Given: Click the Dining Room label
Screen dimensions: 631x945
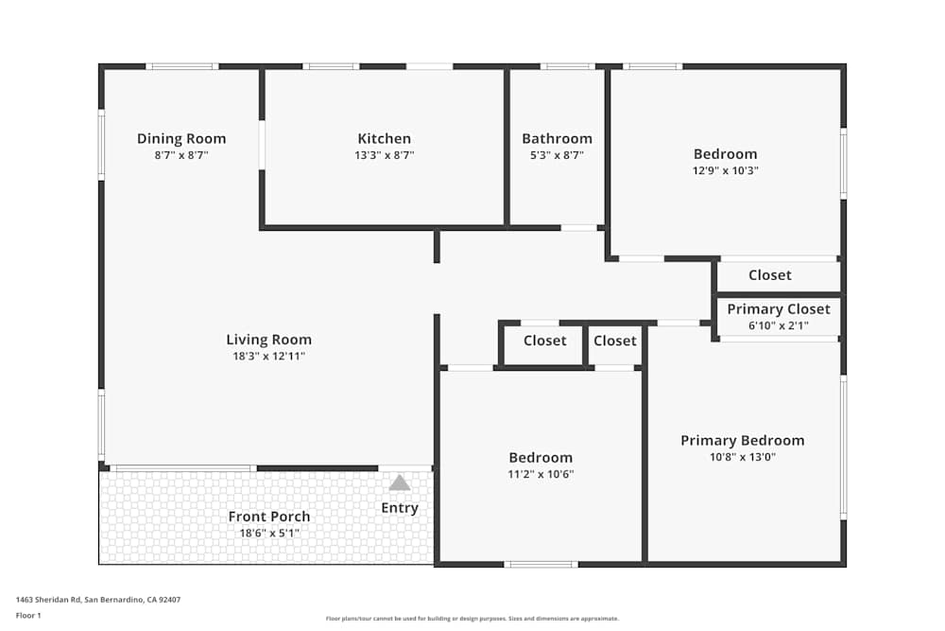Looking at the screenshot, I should pos(181,138).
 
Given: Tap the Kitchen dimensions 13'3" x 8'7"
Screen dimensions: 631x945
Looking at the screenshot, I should pos(384,155).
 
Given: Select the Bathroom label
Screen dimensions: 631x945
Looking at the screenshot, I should pos(558,138).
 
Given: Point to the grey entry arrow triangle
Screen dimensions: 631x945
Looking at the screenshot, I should pos(400,483).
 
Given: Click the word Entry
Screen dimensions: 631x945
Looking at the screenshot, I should pos(400,508).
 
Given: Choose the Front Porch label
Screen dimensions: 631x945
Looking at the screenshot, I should pos(269,517).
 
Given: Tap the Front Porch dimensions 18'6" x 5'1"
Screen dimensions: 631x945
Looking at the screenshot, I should pos(269,533).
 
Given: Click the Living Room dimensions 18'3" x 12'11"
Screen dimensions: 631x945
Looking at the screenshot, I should pos(269,356).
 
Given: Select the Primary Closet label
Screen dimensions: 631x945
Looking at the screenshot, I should pos(780,308).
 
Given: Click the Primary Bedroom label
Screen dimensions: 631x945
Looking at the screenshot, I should pos(743,440).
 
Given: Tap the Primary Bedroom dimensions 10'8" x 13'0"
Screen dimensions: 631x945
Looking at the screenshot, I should pos(743,457).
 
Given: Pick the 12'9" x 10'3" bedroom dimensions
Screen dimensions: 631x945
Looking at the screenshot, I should pos(726,170).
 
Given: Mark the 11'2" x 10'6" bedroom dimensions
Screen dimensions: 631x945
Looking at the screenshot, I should pos(541,474).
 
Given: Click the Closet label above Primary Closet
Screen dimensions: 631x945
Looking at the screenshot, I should pos(770,274).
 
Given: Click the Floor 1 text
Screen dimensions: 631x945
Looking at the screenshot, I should pos(28,615).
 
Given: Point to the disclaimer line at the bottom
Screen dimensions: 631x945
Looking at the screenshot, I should pos(472,619).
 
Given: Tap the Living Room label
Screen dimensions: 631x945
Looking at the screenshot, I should pos(269,340).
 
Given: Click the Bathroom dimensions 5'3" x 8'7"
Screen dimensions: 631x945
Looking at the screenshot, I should pos(558,155).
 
